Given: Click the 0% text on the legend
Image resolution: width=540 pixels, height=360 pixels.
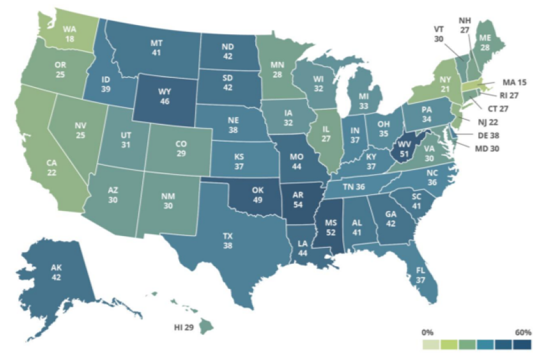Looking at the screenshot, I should (428, 332).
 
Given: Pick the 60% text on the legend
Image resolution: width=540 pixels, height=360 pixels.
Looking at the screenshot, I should (523, 332).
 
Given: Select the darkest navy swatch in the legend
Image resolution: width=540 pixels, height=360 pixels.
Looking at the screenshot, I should (523, 343).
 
